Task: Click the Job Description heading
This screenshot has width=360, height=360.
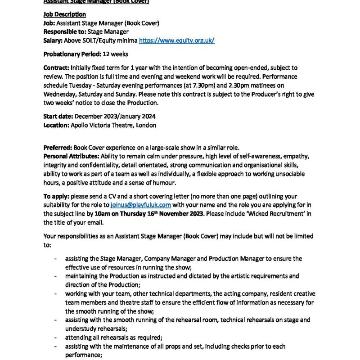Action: [x=64, y=14]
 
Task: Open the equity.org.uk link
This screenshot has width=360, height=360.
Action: [x=176, y=40]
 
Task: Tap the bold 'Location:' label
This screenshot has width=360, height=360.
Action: [x=56, y=125]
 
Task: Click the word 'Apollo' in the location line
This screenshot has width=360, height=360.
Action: [x=80, y=125]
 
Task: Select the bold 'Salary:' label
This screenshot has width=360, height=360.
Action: [x=53, y=40]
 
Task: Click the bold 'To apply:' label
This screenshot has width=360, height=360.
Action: [x=56, y=196]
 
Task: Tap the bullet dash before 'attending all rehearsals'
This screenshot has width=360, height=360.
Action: [x=55, y=337]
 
